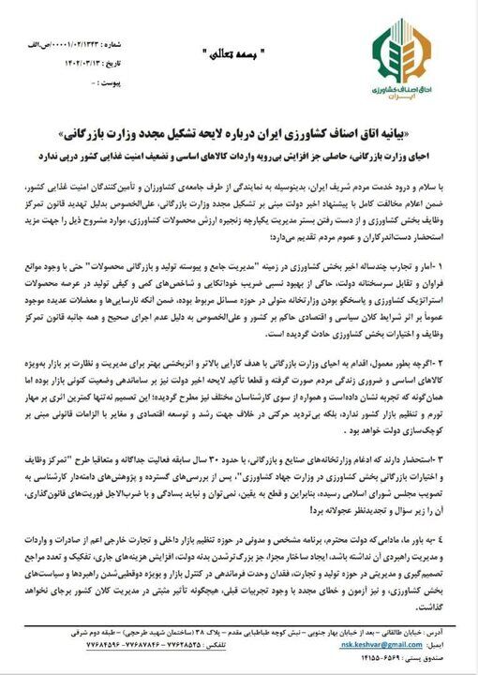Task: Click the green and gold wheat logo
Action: (399, 51)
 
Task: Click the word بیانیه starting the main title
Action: (436, 128)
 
